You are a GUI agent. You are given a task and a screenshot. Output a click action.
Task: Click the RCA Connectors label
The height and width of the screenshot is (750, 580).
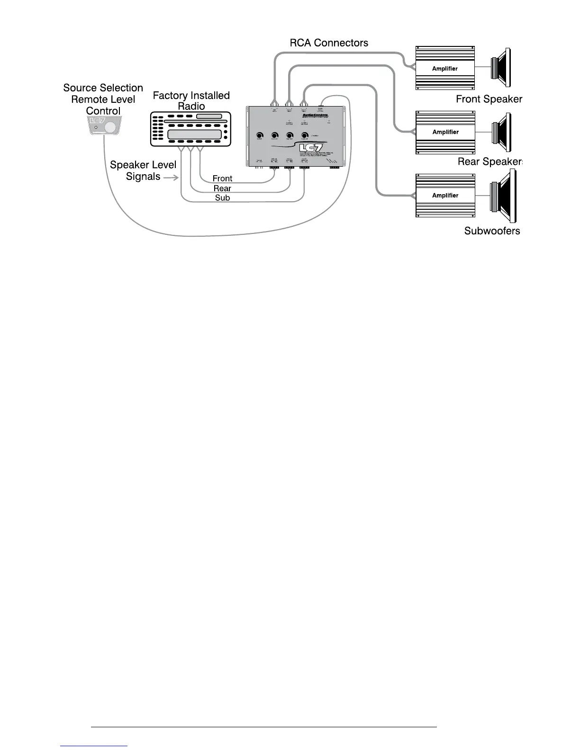329,43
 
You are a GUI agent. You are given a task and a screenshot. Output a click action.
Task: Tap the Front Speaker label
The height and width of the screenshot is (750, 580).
489,99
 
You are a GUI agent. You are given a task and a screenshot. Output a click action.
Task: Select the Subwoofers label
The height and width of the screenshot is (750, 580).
492,231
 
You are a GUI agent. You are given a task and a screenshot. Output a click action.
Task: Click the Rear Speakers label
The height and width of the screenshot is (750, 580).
489,162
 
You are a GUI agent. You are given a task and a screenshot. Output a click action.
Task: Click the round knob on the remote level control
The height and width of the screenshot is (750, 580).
110,127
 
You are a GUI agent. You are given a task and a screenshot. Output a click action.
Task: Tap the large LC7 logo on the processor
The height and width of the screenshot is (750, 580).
311,148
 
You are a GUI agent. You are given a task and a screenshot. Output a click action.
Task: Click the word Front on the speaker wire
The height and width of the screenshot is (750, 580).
222,179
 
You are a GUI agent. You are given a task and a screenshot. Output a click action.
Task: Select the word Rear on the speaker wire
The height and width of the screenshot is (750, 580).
222,188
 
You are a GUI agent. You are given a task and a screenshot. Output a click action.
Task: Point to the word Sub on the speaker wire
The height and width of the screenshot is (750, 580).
222,198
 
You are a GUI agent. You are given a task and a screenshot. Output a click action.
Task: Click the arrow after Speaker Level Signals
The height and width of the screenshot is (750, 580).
171,178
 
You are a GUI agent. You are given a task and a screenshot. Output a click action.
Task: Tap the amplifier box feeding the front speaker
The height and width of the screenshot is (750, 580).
445,68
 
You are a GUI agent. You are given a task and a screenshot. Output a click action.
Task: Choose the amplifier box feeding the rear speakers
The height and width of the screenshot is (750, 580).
445,132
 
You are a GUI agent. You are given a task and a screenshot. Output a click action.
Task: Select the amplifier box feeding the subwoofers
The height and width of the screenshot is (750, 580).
445,195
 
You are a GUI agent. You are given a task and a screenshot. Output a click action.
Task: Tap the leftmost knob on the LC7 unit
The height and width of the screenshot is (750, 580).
260,135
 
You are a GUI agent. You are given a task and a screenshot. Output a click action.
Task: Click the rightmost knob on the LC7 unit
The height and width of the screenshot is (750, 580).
305,135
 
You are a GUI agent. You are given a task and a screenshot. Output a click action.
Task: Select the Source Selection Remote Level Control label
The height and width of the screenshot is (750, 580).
103,99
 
